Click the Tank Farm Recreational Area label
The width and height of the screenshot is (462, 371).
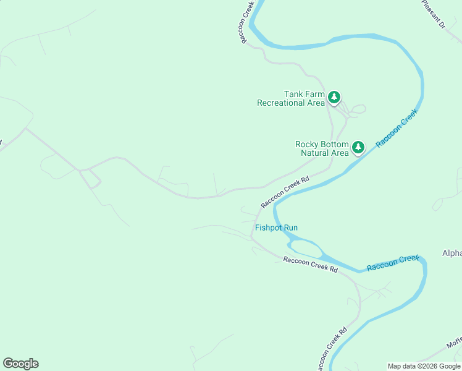pos(291,98)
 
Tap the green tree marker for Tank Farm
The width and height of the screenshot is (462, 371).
pos(334,97)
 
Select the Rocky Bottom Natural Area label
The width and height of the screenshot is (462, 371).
pos(322,148)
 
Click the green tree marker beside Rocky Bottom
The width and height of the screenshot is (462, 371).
pos(358,148)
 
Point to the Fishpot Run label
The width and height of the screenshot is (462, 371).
pos(276,228)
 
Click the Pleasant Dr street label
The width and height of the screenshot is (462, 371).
pos(434,14)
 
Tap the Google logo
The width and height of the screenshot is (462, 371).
pos(20,364)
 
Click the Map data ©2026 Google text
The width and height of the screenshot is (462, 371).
pos(424,366)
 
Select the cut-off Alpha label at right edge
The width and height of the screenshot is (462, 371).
pos(451,254)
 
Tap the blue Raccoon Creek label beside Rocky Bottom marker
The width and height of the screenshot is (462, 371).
pos(397,127)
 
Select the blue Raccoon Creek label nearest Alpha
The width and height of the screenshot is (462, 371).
pos(393,263)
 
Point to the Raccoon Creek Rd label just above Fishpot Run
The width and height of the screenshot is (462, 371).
pos(285,192)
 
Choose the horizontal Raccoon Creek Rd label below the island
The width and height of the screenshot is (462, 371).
pos(311,265)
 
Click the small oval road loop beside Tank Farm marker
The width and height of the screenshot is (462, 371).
pos(358,109)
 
